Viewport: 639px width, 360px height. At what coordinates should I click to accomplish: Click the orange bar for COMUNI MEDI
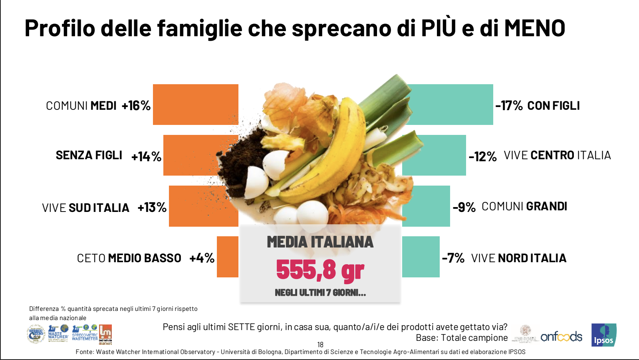195,105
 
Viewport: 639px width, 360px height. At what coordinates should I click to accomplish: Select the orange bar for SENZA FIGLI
192,155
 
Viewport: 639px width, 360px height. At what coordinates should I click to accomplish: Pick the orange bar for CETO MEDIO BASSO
227,257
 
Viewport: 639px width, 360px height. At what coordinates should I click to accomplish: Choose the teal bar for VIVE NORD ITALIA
421,257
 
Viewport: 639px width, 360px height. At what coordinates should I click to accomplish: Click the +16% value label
136,106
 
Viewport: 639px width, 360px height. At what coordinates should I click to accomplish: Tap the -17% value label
509,106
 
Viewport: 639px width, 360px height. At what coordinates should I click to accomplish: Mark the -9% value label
464,207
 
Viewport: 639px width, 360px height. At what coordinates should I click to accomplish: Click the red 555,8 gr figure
320,270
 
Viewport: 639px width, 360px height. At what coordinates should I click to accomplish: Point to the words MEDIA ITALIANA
320,242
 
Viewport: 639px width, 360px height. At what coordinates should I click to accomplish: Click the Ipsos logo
603,335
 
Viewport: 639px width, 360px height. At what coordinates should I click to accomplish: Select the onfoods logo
561,336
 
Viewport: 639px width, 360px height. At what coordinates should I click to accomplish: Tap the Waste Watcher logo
58,333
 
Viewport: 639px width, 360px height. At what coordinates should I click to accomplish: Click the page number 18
320,344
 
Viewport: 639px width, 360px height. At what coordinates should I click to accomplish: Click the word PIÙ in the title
438,28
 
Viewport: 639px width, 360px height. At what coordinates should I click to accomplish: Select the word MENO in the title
534,28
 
